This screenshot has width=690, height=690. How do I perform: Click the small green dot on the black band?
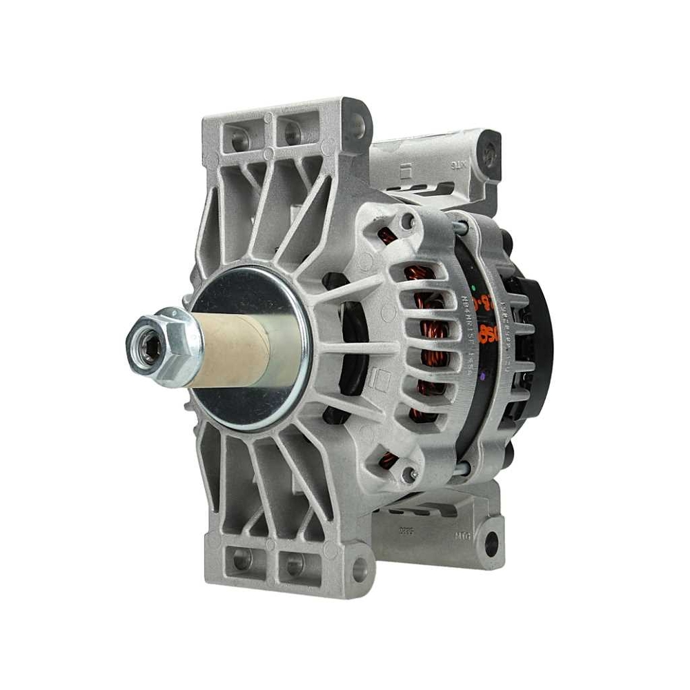pyautogui.click(x=474, y=284)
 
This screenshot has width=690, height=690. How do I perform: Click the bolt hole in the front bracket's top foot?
pyautogui.click(x=356, y=124)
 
